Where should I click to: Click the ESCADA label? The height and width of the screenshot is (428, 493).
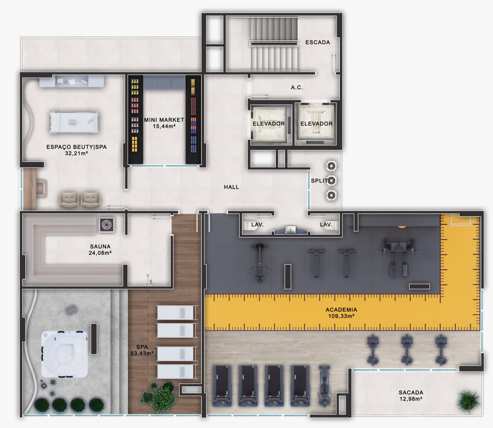click(318, 42)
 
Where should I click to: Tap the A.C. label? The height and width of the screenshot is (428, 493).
click(297, 88)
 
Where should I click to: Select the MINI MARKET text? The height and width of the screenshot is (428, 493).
click(164, 120)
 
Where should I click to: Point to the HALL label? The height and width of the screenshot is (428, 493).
click(232, 187)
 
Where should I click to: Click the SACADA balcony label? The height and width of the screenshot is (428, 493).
click(411, 392)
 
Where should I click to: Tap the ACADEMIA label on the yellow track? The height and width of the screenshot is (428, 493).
click(341, 310)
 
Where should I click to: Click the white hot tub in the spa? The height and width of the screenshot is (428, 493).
click(65, 354)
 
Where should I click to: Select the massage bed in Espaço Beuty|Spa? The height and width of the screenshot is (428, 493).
click(74, 122)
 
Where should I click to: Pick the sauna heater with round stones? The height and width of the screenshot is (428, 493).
click(106, 224)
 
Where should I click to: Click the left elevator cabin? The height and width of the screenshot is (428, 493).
click(269, 124)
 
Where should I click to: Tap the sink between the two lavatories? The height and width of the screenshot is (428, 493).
click(290, 230)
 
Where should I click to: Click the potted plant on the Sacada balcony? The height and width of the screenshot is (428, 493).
click(469, 401)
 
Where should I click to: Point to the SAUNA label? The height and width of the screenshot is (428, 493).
click(100, 246)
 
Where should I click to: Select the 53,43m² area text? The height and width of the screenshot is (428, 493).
click(142, 353)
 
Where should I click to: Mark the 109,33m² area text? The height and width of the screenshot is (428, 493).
click(341, 316)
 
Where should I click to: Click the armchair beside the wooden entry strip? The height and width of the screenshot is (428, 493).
click(42, 188)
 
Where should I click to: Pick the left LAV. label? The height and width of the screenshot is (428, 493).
click(257, 224)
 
